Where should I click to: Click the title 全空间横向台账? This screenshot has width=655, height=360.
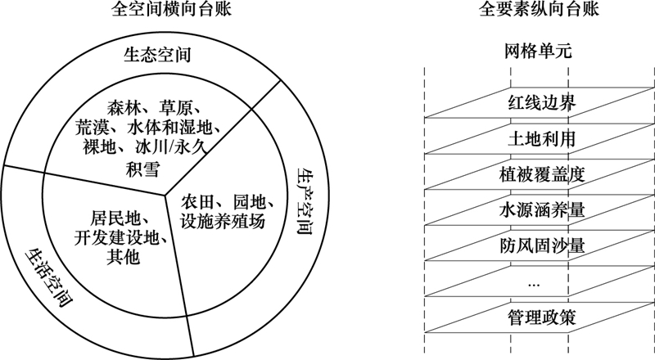click(171, 9)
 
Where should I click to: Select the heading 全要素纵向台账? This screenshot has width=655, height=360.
click(539, 9)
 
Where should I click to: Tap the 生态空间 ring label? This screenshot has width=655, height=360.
click(157, 55)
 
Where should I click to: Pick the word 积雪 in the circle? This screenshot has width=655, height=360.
click(142, 169)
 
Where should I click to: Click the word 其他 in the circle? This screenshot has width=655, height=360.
click(123, 256)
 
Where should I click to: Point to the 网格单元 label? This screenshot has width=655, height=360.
click(538, 52)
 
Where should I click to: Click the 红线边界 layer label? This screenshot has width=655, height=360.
click(542, 103)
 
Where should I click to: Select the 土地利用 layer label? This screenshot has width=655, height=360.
click(542, 138)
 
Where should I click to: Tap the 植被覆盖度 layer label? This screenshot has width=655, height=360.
click(542, 174)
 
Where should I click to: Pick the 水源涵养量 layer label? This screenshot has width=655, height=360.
click(542, 210)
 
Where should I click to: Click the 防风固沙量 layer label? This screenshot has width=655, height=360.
click(542, 246)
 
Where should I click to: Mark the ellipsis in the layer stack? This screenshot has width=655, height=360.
click(534, 286)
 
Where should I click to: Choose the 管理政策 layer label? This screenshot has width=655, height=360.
click(542, 317)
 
